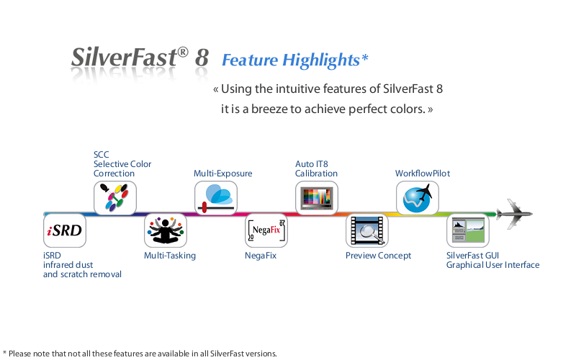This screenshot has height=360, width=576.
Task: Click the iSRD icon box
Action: click(65, 230)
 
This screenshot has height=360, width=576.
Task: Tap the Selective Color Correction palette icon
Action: click(115, 197)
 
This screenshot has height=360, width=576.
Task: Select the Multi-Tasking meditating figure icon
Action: click(166, 230)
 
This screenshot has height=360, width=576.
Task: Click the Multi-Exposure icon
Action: click(215, 197)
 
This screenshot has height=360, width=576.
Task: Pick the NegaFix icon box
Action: click(266, 230)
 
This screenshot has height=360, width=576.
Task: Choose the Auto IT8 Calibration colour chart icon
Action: click(317, 197)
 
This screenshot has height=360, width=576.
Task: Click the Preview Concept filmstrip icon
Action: click(367, 230)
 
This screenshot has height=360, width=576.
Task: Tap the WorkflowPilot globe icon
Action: click(418, 197)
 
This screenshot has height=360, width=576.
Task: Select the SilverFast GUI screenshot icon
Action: click(468, 230)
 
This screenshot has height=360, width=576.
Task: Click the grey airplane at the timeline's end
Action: click(514, 214)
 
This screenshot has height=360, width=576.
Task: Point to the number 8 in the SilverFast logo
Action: click(202, 58)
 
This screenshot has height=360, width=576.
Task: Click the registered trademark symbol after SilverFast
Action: click(183, 52)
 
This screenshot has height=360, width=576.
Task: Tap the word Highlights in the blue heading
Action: click(321, 60)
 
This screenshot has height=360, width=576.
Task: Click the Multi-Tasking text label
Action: click(170, 256)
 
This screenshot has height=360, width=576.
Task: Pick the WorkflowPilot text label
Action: click(423, 174)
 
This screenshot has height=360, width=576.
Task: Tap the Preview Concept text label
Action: click(379, 256)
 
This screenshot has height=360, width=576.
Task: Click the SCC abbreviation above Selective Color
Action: click(101, 155)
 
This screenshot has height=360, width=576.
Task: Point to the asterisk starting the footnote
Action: click(4, 353)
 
